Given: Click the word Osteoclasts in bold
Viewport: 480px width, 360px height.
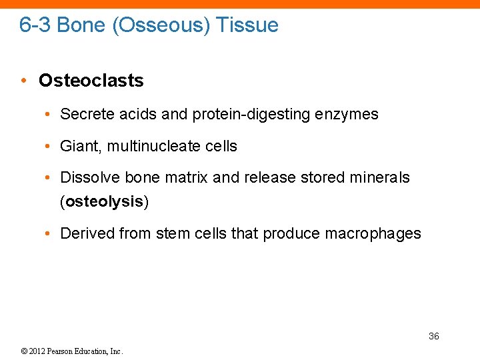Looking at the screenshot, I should point(91,81).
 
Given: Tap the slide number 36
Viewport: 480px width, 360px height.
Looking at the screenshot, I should point(433,336).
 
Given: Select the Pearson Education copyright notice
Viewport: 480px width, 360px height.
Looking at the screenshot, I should point(71,351).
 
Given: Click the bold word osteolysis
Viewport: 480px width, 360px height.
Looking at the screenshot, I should point(105,202).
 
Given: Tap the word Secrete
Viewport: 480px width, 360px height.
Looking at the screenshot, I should point(87,114).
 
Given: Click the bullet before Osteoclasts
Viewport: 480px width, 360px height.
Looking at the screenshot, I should point(23,81).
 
